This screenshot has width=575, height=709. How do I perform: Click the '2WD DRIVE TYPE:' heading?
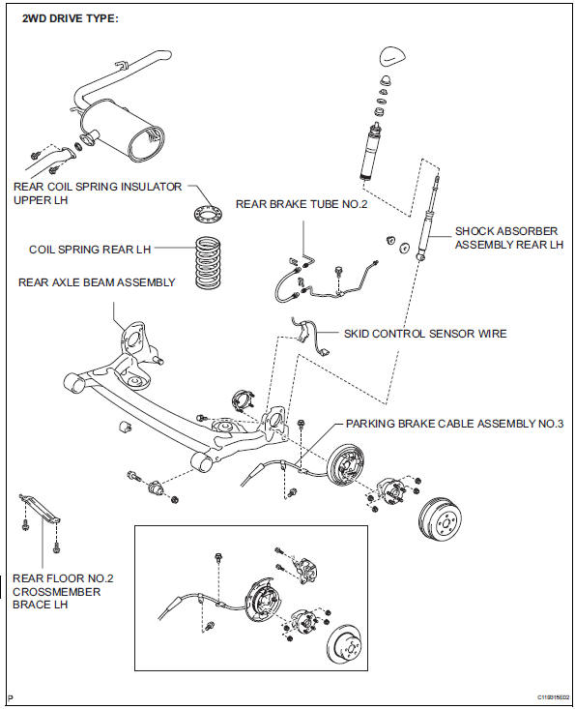(x=70, y=19)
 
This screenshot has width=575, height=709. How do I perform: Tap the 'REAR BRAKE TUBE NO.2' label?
(x=302, y=204)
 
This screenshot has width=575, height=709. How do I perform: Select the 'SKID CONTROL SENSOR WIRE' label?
(x=425, y=334)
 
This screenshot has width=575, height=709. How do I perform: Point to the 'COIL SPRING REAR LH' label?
(x=90, y=250)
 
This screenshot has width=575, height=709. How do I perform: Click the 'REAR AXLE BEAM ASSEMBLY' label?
(x=97, y=282)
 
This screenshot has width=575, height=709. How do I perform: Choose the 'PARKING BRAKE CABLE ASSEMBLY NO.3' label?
(x=454, y=424)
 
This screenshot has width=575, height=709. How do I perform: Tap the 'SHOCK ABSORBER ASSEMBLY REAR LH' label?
(x=509, y=238)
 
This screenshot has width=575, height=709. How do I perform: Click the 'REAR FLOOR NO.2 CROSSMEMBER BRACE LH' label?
(x=63, y=591)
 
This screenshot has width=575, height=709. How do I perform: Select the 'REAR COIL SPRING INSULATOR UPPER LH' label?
(x=98, y=193)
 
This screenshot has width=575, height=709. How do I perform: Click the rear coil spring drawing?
(x=208, y=263)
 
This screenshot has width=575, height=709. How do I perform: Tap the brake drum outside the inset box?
(x=440, y=518)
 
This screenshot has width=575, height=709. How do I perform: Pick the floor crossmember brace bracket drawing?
(x=40, y=508)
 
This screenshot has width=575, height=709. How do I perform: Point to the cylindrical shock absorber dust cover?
(x=372, y=153)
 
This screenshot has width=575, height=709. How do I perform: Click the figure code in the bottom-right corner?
(x=553, y=696)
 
